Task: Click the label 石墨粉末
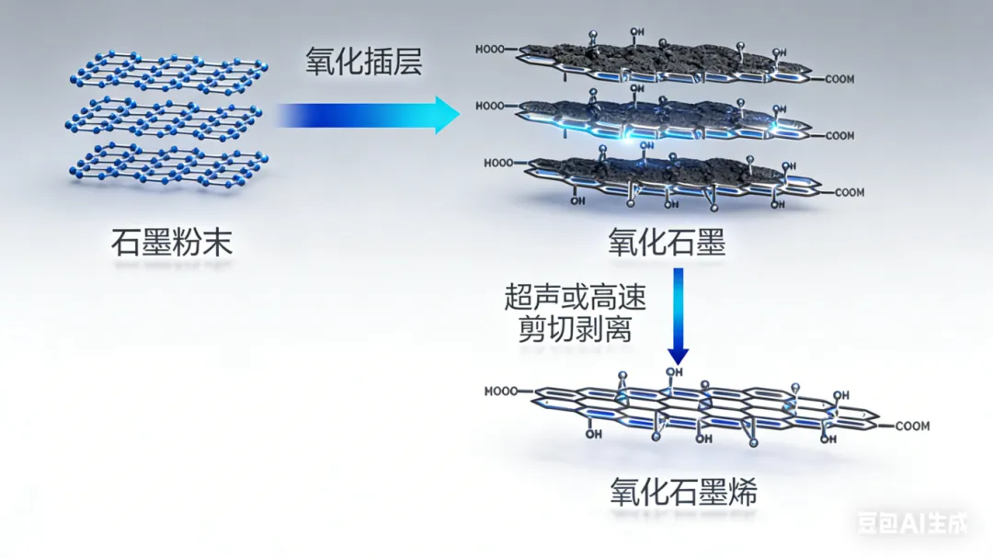(x=172, y=244)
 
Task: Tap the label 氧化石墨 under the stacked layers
(x=667, y=244)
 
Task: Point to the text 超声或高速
(x=575, y=297)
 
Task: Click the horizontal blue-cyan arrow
(x=368, y=115)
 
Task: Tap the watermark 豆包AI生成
(x=912, y=524)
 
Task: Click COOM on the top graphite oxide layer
(x=839, y=79)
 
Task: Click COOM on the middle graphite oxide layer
(x=839, y=136)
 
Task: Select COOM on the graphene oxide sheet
(x=912, y=426)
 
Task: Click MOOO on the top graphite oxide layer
(x=489, y=51)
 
